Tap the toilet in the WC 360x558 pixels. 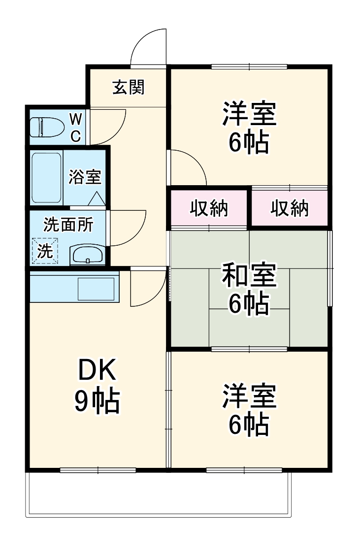pyautogui.click(x=47, y=127)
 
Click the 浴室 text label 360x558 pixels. pyautogui.click(x=85, y=177)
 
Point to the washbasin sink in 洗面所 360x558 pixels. pyautogui.click(x=87, y=255)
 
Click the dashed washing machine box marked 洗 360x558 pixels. pyautogui.click(x=45, y=251)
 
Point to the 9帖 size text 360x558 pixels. pyautogui.click(x=97, y=402)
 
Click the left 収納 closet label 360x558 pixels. pyautogui.click(x=209, y=208)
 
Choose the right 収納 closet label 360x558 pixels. pyautogui.click(x=290, y=208)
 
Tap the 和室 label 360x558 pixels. pyautogui.click(x=249, y=275)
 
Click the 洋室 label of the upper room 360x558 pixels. pyautogui.click(x=249, y=114)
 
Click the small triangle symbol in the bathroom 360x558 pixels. pyautogui.click(x=97, y=198)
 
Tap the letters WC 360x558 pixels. pyautogui.click(x=76, y=127)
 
